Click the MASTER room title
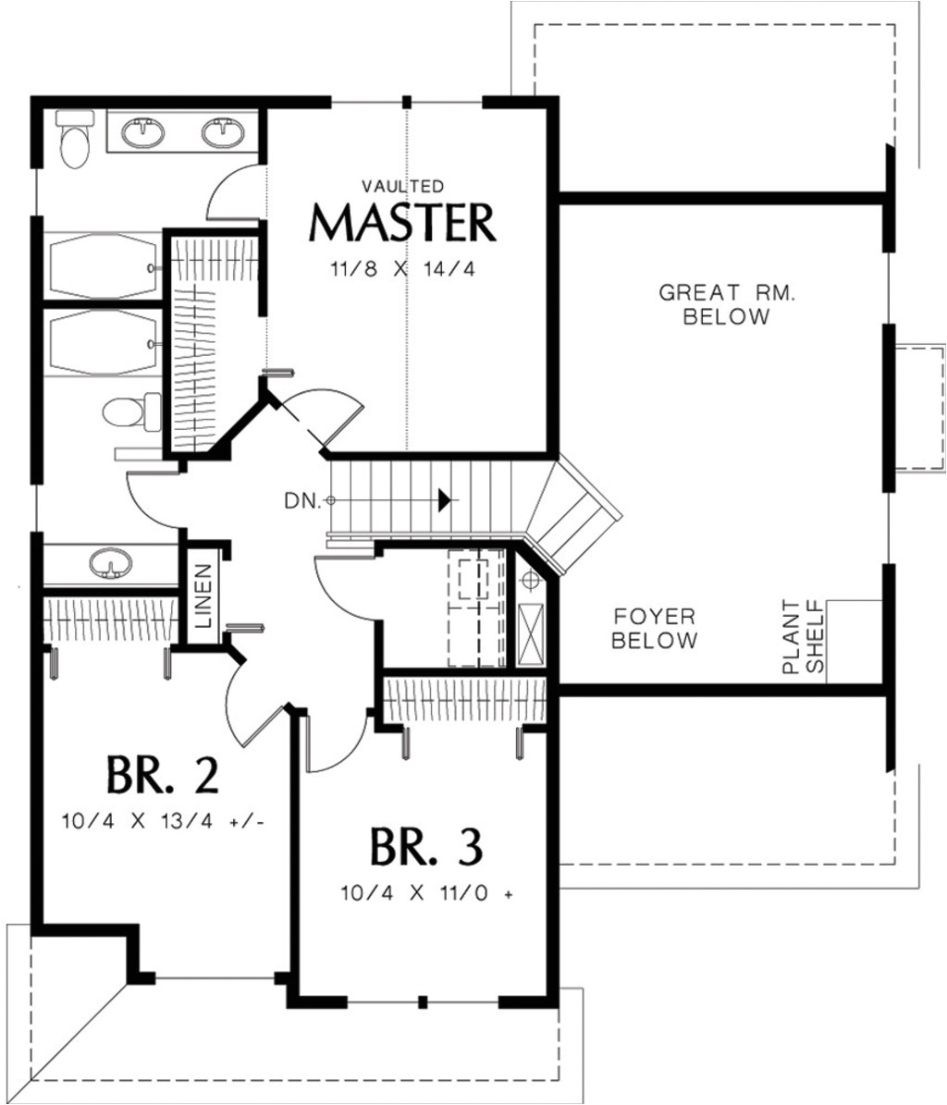coord(402,223)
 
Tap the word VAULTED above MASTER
coord(402,186)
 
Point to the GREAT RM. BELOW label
coord(726,305)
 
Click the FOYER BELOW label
coord(655,628)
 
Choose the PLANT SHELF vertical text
coord(802,637)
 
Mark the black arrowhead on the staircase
coord(446,500)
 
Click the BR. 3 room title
coord(426,846)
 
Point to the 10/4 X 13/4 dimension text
coord(165,820)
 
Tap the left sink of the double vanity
coord(144,132)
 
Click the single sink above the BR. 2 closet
coord(110,563)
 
